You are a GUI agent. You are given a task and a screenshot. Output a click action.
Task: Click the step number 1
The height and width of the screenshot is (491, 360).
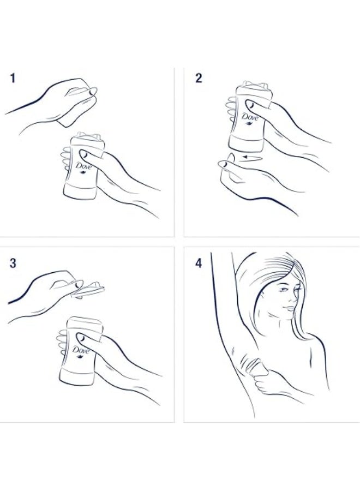tap(13, 78)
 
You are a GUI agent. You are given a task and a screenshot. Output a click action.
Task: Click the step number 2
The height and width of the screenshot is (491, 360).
tap(199, 78)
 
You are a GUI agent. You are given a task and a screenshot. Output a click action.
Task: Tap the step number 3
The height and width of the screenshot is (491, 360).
tap(13, 263)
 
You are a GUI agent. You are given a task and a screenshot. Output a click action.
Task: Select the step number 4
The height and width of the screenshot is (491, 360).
tap(199, 263)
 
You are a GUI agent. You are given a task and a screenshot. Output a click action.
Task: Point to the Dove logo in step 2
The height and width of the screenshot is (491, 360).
tap(249, 118)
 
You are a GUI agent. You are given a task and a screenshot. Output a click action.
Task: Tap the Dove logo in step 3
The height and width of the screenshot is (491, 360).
tap(81, 351)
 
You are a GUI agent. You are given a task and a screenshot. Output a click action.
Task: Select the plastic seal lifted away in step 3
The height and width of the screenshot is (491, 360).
tap(90, 290)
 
